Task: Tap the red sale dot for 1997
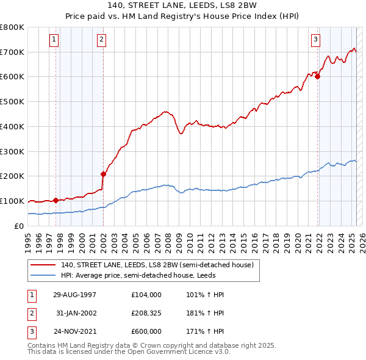click(56, 200)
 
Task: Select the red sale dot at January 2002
click(103, 173)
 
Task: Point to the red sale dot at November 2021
click(318, 76)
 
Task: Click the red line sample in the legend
click(43, 265)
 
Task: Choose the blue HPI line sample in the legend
click(43, 275)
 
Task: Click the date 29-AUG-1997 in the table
click(76, 294)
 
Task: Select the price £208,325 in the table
click(146, 313)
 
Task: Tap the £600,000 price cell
click(146, 332)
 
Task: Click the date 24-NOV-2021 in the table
click(76, 332)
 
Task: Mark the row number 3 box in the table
click(31, 332)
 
